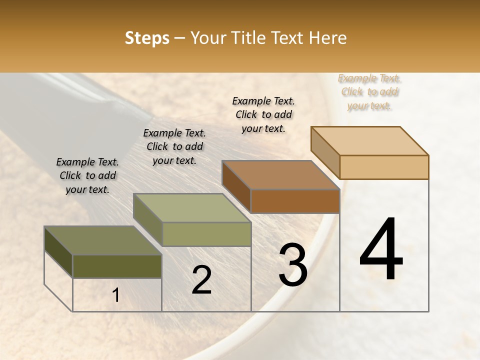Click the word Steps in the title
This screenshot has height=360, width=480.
(146, 38)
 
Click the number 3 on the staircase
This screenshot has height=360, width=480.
(293, 265)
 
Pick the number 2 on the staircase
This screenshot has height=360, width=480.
(201, 280)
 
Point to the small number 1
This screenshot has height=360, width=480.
(116, 295)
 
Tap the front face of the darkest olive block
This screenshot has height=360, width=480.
(117, 266)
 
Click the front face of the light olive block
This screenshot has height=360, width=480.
(206, 234)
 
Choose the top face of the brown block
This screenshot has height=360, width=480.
(280, 175)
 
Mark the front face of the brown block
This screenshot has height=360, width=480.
(295, 201)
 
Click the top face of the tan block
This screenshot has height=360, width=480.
(370, 140)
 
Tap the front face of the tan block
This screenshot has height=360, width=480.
(384, 167)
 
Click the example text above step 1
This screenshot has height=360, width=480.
(87, 175)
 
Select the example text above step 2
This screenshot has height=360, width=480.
(174, 146)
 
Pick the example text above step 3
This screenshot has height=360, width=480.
(263, 114)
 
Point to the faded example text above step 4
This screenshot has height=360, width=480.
(369, 92)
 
